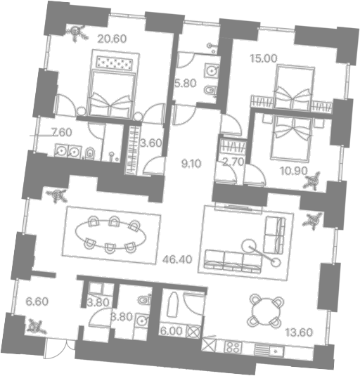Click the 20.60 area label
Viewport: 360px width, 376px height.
[112, 39]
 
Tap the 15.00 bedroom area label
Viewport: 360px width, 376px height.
[264, 58]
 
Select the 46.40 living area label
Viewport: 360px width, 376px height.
[177, 259]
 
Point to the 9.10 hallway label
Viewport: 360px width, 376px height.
[191, 164]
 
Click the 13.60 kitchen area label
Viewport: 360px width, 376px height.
[299, 332]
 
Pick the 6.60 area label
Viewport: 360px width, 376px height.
[37, 302]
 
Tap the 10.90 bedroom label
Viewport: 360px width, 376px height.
[294, 171]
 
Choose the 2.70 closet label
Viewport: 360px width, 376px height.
[233, 162]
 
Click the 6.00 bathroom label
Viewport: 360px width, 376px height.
[172, 332]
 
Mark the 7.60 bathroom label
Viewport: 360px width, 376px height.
[62, 132]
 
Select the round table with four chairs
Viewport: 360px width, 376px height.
[267, 311]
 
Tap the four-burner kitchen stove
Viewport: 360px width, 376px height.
[233, 347]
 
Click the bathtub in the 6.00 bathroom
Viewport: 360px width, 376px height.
[172, 305]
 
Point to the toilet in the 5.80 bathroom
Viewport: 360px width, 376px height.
[210, 91]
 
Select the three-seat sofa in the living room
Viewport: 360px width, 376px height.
[233, 262]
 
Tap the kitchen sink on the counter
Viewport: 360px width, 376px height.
[276, 351]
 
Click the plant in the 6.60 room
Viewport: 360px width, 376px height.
[36, 326]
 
